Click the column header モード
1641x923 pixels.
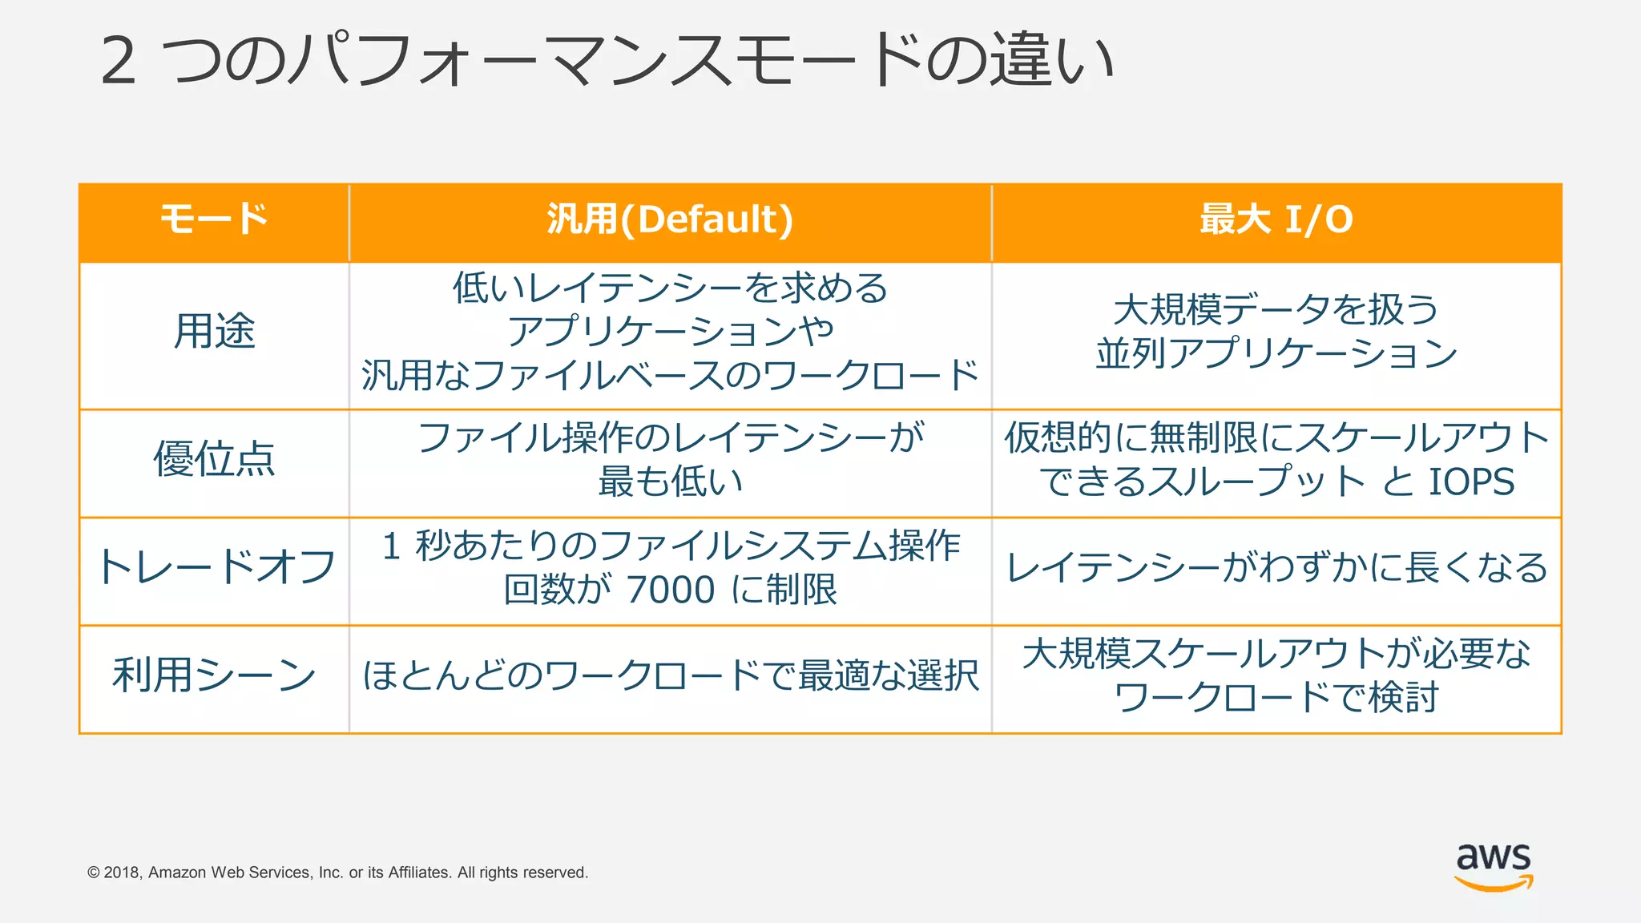tap(214, 220)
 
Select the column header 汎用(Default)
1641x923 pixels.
tap(670, 220)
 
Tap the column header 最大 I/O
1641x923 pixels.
tap(1276, 220)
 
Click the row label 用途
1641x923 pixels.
tap(214, 331)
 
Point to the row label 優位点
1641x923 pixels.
tap(214, 459)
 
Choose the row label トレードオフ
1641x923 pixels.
tap(214, 567)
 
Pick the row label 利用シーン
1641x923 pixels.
tap(214, 675)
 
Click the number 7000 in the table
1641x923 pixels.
tap(671, 590)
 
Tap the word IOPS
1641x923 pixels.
tap(1471, 482)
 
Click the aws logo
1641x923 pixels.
tap(1494, 865)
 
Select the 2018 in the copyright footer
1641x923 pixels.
tap(122, 873)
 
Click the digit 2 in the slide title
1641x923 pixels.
tap(119, 61)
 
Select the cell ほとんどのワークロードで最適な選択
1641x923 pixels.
tap(670, 675)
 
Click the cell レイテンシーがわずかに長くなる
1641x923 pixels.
tap(1276, 567)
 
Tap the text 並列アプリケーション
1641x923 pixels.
tap(1276, 353)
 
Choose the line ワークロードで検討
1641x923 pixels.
tap(1276, 698)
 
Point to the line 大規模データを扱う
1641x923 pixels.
tap(1276, 309)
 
